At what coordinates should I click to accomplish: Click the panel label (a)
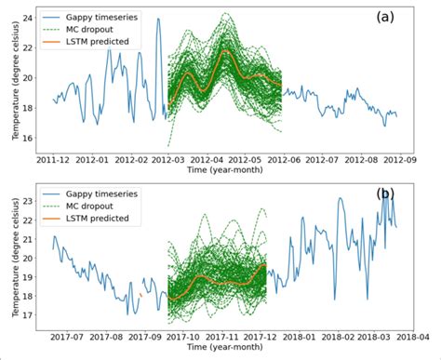pos(389,18)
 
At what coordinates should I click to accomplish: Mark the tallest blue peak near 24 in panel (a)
pos(158,20)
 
